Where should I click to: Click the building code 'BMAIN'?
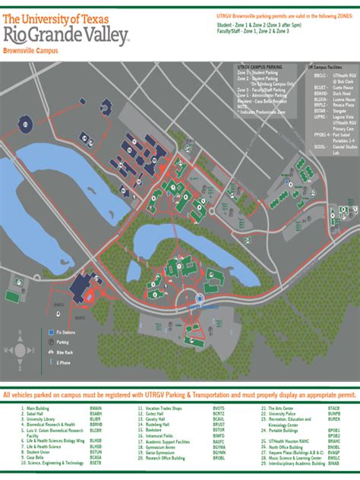pos(96,409)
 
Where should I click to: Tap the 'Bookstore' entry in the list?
pos(155,429)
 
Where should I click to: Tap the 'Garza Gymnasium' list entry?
pos(161,451)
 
